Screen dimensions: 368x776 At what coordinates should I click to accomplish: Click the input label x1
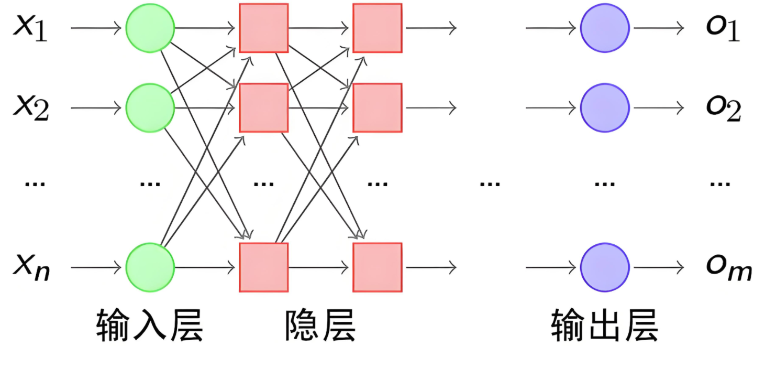[30, 28]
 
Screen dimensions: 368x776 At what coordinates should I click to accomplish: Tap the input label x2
[30, 109]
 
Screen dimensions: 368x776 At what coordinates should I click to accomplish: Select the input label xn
[31, 268]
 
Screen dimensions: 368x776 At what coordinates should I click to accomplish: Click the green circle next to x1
[150, 28]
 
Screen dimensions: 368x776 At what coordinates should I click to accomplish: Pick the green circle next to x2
[150, 108]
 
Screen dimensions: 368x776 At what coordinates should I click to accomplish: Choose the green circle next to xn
[150, 267]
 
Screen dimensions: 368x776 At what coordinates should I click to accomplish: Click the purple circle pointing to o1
[605, 28]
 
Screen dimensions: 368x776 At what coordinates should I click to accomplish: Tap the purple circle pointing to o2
[605, 108]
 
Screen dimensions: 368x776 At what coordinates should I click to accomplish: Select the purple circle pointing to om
[605, 267]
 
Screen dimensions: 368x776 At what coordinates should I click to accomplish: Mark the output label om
[728, 268]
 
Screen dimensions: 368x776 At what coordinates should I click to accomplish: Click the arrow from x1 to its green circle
[96, 28]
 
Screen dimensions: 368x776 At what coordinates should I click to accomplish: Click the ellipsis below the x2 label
[35, 183]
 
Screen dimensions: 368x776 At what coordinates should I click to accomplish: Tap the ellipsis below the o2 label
[720, 183]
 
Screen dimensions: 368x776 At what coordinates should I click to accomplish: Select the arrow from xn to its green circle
[96, 267]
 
